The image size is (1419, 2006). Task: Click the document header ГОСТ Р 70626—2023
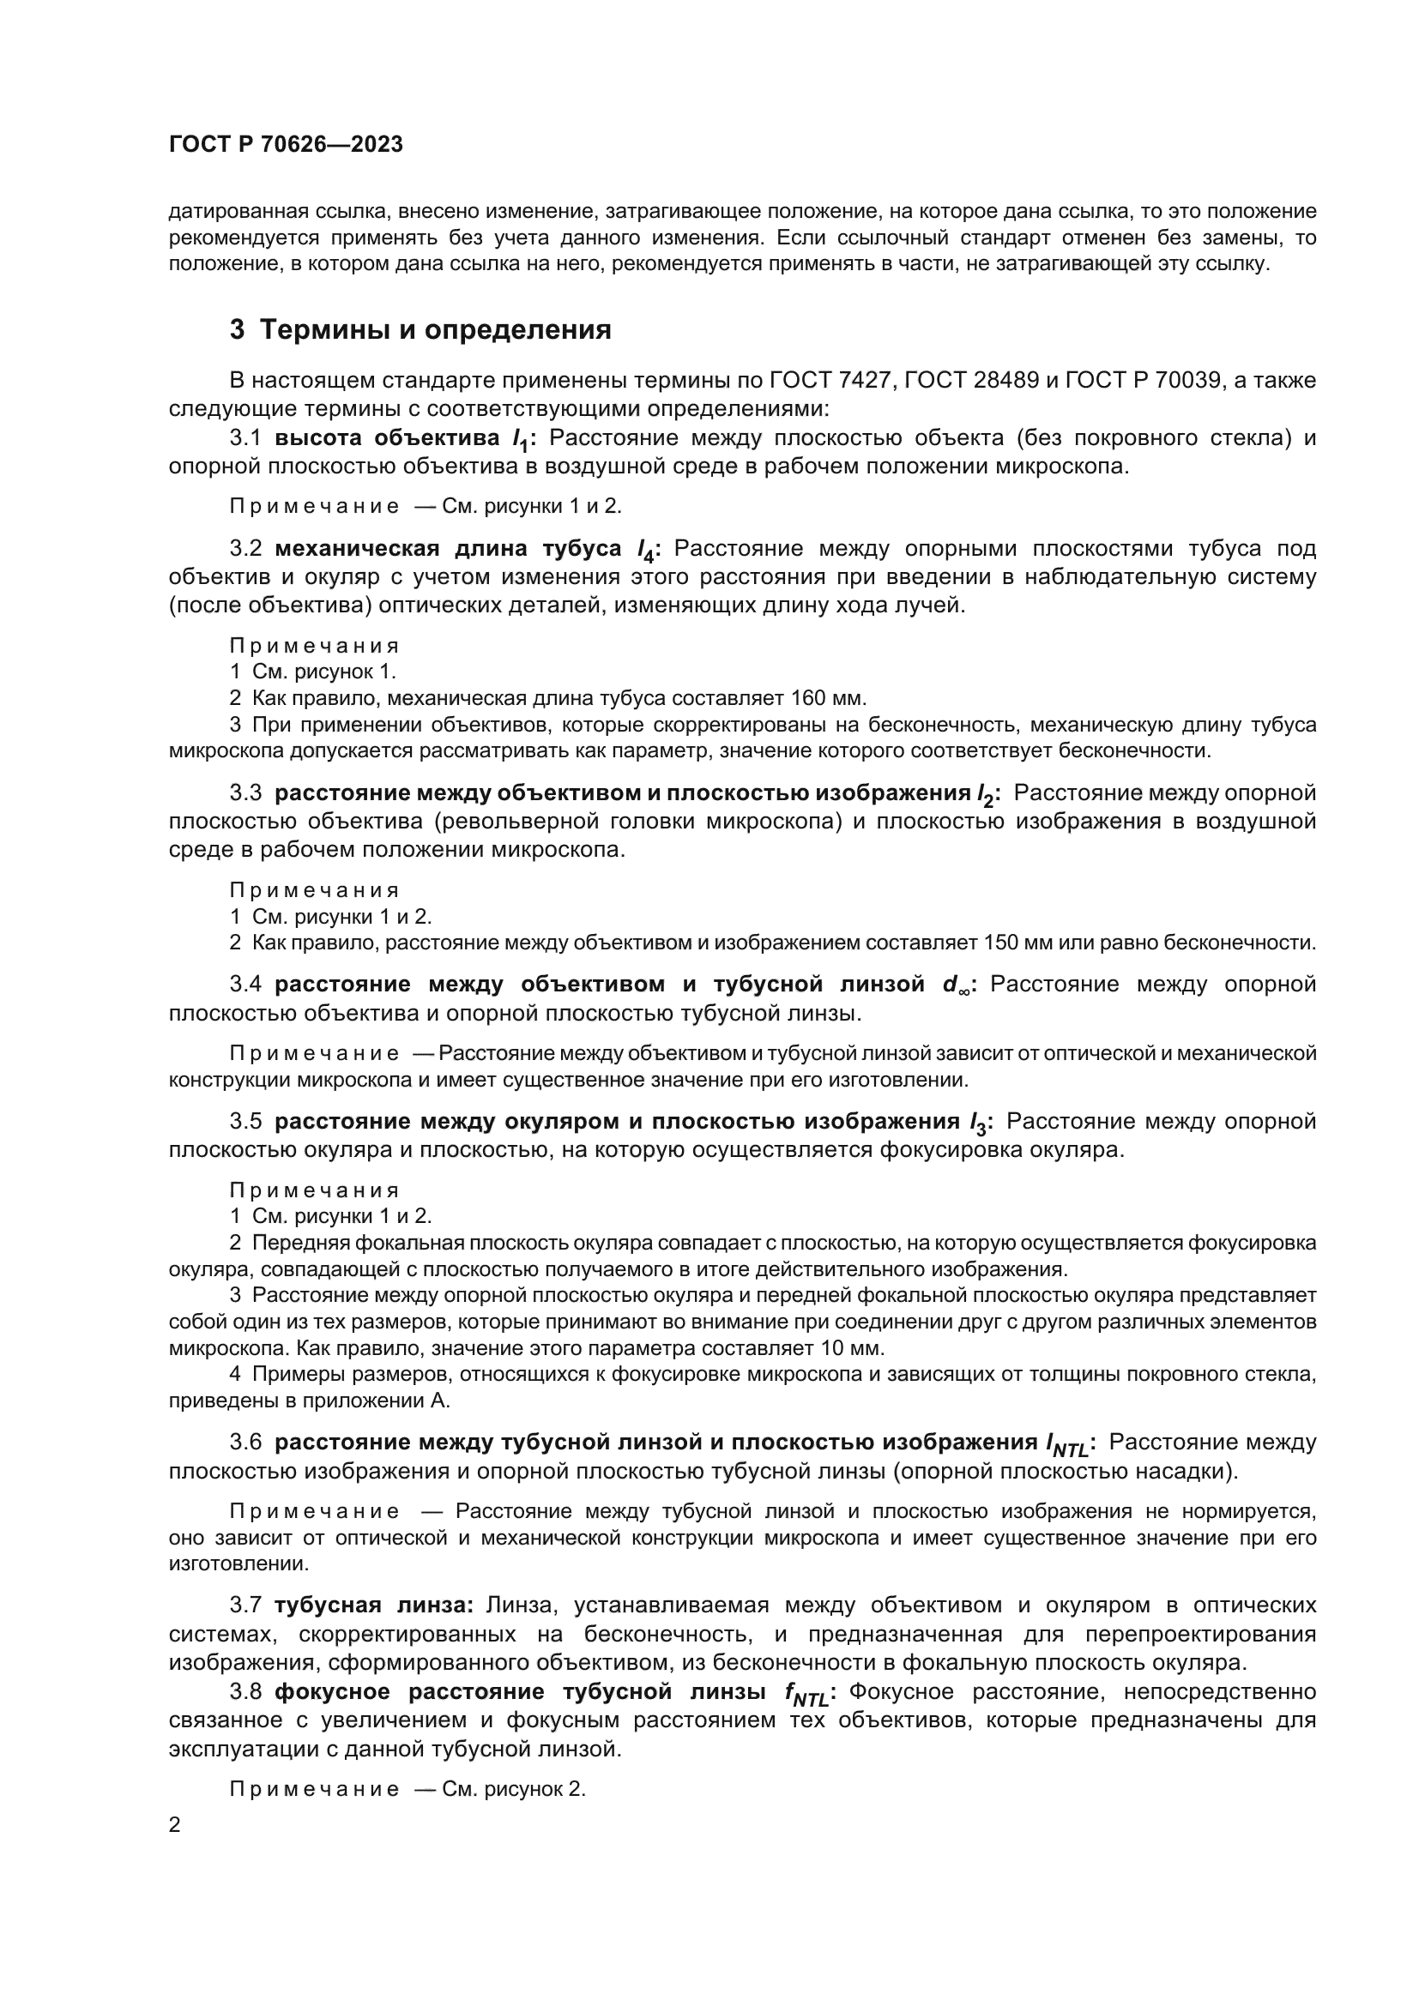pyautogui.click(x=286, y=144)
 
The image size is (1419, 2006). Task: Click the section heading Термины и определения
pyautogui.click(x=435, y=330)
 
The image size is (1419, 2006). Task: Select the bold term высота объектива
pyautogui.click(x=389, y=437)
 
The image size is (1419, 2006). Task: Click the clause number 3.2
pyautogui.click(x=245, y=549)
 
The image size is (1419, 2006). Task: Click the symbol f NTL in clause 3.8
pyautogui.click(x=806, y=1693)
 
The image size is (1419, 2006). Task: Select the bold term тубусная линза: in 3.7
pyautogui.click(x=373, y=1605)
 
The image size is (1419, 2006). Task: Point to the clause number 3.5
pyautogui.click(x=245, y=1122)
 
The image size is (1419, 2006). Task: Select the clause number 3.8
pyautogui.click(x=245, y=1691)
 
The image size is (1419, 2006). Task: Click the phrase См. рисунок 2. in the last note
pyautogui.click(x=514, y=1788)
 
